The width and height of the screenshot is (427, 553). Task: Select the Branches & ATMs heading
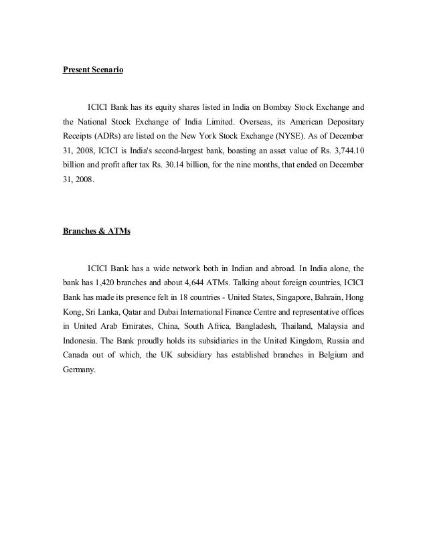(x=97, y=232)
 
